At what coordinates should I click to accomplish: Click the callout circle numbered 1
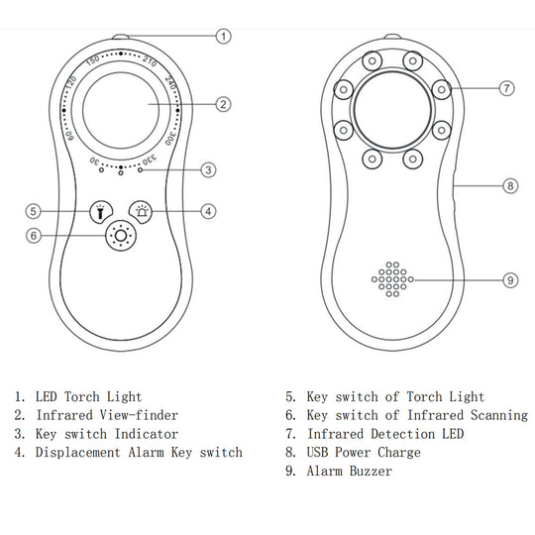(x=224, y=37)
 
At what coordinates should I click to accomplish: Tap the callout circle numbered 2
(x=223, y=104)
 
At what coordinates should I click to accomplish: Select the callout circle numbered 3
(x=208, y=170)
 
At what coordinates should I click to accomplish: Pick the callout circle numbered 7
(x=506, y=88)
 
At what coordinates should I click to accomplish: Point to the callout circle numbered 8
(x=510, y=186)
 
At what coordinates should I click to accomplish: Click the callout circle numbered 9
(x=510, y=280)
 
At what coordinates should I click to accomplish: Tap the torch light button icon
(x=101, y=212)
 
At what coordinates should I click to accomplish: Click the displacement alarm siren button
(x=141, y=212)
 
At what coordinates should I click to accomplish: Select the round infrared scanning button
(x=121, y=236)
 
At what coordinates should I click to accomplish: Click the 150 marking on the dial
(x=92, y=60)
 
